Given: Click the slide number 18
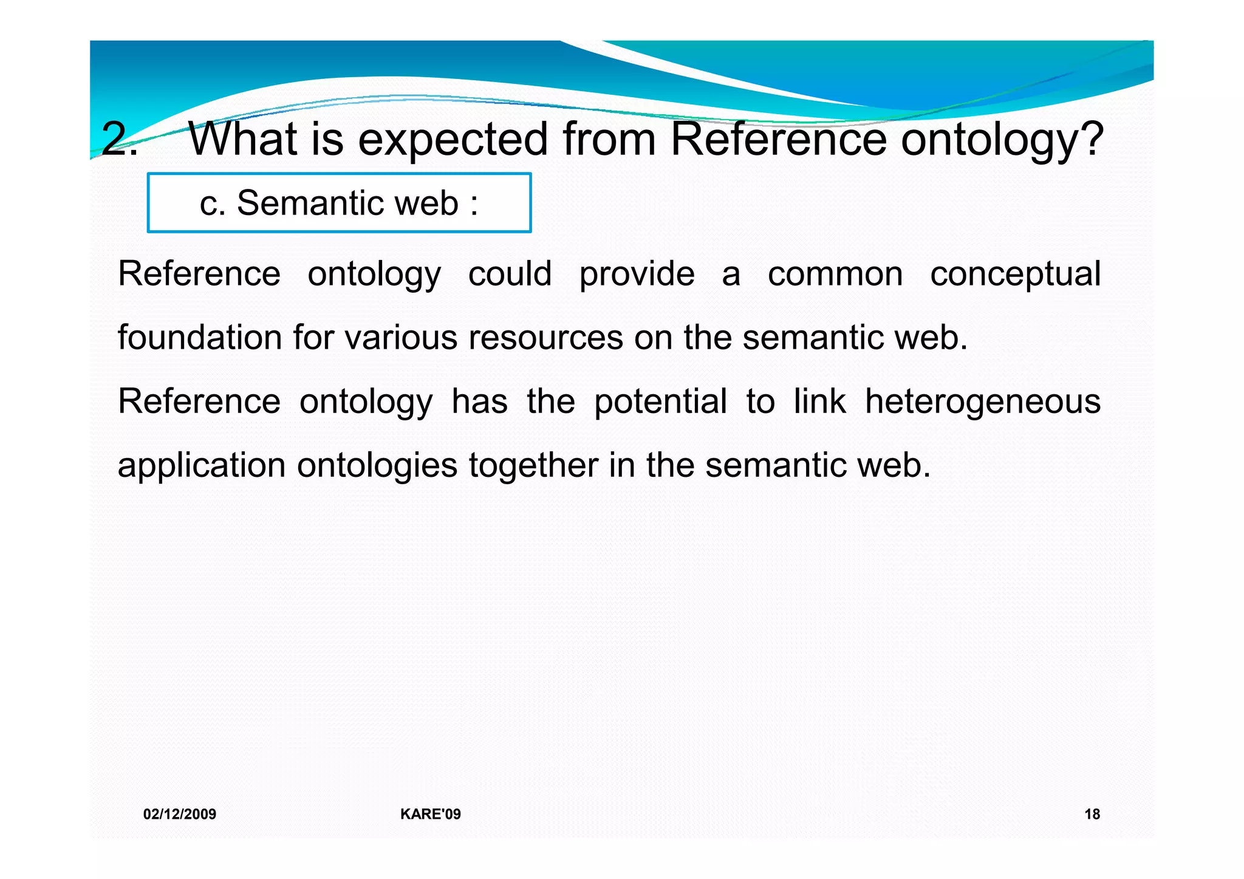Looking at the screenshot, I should pos(1092,814).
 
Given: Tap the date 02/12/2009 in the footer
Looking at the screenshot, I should pos(180,814).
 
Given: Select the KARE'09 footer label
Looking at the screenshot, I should pos(430,814).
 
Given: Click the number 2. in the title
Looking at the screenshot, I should pos(119,139).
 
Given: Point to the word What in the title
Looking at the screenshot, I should pos(242,139).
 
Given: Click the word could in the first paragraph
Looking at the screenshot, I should pos(510,273).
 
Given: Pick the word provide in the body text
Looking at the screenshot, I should pos(637,275).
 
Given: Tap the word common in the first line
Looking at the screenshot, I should pos(835,275).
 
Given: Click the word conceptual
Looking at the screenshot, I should pos(1015,275).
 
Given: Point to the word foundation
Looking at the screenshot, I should pos(199,337).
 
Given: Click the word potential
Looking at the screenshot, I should pos(660,402).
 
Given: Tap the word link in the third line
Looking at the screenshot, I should pos(819,401).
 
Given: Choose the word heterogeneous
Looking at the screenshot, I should pos(982,402).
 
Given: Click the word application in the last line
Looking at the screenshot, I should pos(201,466).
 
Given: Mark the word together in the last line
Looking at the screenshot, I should pos(533,466).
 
